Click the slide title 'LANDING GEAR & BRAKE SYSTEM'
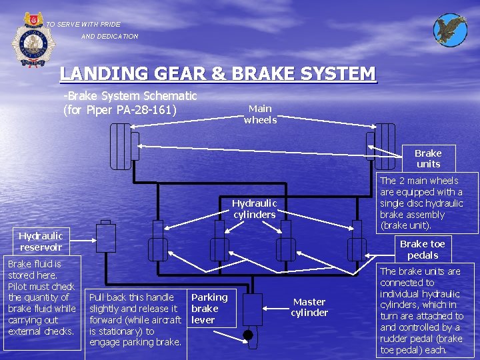[x=217, y=73]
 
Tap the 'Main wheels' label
[x=260, y=114]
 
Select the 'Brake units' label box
[x=428, y=159]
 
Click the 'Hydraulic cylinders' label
[x=254, y=209]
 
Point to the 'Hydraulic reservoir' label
[x=41, y=241]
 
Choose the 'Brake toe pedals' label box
[x=422, y=249]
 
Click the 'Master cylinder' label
[x=309, y=307]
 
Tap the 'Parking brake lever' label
[x=209, y=308]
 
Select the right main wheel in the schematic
[x=385, y=145]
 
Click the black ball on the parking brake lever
[x=248, y=335]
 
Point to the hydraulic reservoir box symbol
[x=105, y=237]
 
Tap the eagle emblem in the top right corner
[x=450, y=30]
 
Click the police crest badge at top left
[x=28, y=40]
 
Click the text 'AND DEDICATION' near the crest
[x=110, y=37]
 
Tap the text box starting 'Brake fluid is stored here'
[x=41, y=303]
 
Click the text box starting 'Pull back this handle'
[x=135, y=319]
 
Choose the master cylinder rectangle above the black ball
[x=253, y=309]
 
